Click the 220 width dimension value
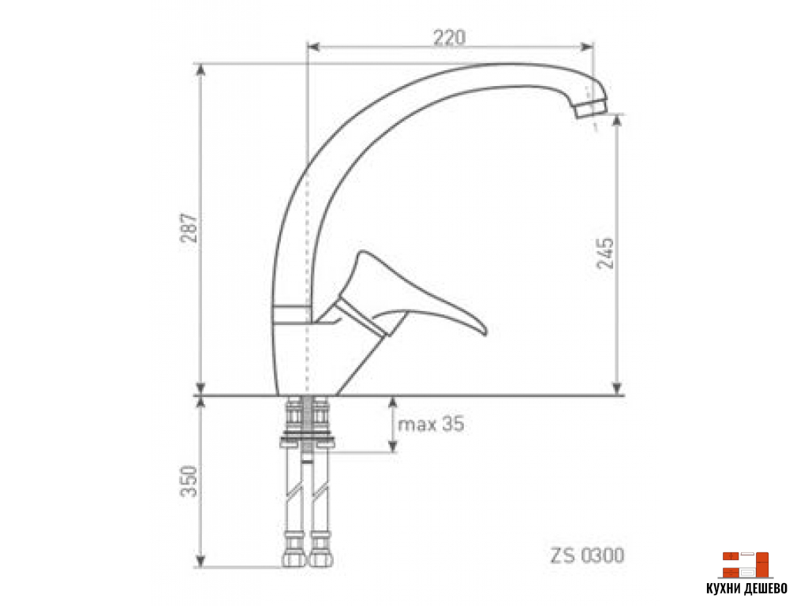(449, 36)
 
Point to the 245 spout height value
(605, 252)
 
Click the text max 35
(431, 425)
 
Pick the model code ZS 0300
(585, 556)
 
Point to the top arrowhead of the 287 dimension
(202, 66)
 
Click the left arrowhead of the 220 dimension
(310, 47)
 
